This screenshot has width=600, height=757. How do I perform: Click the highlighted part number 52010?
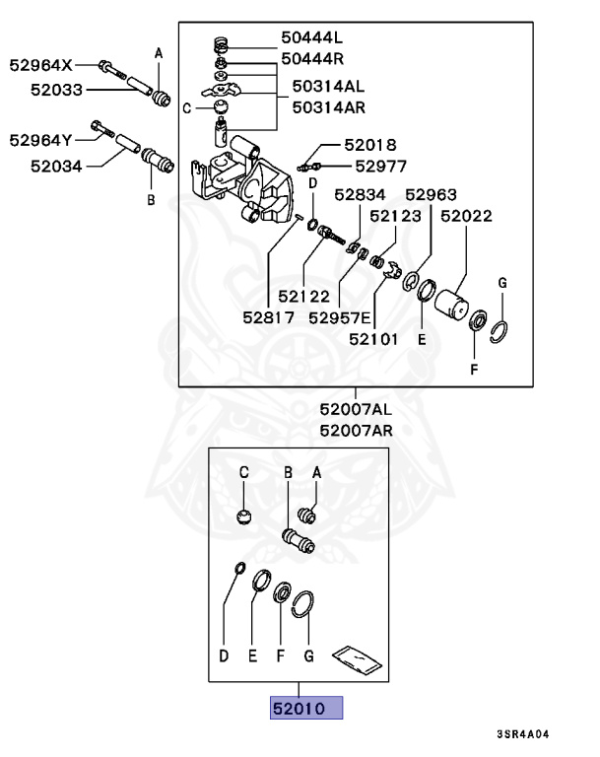point(306,708)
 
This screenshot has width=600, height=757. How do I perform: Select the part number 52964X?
point(41,66)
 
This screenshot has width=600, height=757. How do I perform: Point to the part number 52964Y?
point(41,140)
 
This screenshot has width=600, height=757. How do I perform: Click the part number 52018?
point(369,145)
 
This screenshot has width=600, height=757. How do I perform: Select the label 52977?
point(380,167)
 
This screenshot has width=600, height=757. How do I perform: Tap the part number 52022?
point(466,214)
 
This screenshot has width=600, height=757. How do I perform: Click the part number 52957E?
point(339,316)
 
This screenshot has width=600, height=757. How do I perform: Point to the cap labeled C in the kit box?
point(244,516)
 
